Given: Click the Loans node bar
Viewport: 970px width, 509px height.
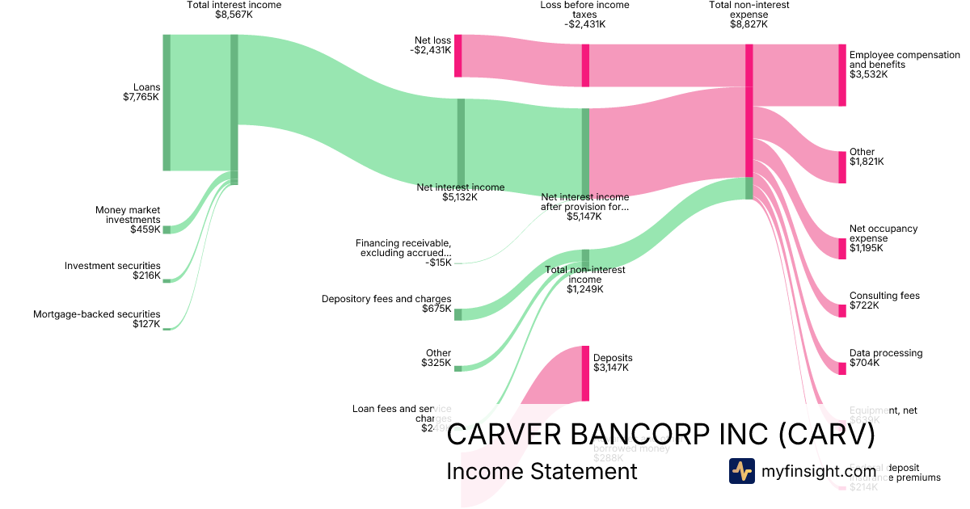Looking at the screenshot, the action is click(x=167, y=103).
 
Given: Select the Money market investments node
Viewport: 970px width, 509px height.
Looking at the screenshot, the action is click(x=167, y=229).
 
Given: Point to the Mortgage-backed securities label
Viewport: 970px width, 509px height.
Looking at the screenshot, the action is click(x=96, y=319).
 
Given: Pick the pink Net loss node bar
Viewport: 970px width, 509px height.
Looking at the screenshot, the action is click(x=458, y=56).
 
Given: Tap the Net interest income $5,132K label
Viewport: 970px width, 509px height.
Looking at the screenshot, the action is click(x=460, y=192).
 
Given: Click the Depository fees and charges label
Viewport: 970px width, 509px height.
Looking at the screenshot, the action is click(x=386, y=304).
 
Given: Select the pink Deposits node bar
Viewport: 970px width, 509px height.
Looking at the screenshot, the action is click(x=585, y=373).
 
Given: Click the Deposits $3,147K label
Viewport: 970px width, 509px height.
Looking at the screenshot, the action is click(x=613, y=363).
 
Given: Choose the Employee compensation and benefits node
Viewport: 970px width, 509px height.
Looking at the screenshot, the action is click(x=841, y=75).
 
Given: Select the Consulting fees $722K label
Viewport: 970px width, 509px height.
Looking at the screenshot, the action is click(x=884, y=301).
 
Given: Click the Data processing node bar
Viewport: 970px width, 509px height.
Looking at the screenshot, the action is click(x=841, y=368).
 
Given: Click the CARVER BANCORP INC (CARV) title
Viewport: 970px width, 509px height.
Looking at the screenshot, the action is click(x=660, y=435).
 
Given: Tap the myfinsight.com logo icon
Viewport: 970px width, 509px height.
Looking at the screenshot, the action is click(x=741, y=471).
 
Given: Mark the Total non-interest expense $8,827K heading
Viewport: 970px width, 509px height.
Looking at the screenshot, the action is click(x=749, y=15).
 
